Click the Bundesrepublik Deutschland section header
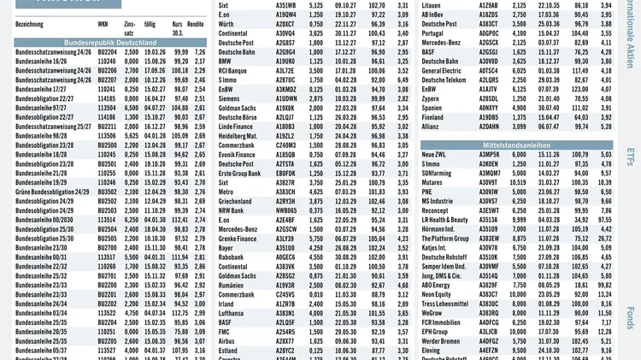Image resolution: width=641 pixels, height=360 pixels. pos(110,41)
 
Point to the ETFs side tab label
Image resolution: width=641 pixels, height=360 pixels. pos(630,157)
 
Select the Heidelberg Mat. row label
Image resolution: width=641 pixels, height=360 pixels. pos(238,136)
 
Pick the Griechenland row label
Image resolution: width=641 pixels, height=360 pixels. pos(236,201)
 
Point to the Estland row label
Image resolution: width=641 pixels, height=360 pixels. pos(229,351)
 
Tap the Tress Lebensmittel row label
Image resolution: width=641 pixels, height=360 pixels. pos(445,304)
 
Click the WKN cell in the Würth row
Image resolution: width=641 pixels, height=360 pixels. pos(285,24)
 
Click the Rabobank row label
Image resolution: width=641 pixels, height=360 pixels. pos(232,257)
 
